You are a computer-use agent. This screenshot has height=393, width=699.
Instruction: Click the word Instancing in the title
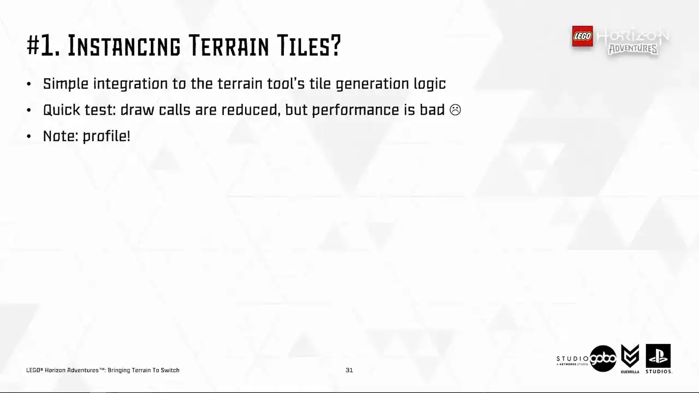[x=124, y=46]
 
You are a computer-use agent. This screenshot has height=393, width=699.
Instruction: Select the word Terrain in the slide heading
[x=229, y=46]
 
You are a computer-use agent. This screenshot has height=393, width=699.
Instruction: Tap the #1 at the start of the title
[x=43, y=46]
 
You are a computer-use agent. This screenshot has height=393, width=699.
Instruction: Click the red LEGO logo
[x=582, y=36]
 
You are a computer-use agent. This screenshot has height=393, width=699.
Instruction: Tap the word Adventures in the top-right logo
[x=633, y=49]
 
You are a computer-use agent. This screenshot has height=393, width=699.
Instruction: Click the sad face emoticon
[x=455, y=110]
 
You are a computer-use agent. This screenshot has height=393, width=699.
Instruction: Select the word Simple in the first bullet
[x=66, y=84]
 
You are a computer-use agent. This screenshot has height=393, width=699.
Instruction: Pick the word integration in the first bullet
[x=131, y=84]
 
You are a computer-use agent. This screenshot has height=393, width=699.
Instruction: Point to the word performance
[x=356, y=110]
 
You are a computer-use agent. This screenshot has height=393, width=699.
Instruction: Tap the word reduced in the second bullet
[x=251, y=110]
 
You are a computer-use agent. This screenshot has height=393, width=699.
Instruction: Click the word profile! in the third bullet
[x=106, y=136]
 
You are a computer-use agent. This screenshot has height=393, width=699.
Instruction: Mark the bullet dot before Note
[x=29, y=136]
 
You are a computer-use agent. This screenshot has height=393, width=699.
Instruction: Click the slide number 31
[x=349, y=370]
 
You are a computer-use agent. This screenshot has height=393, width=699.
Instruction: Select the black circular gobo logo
[x=603, y=359]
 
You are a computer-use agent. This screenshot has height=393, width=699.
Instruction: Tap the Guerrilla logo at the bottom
[x=630, y=359]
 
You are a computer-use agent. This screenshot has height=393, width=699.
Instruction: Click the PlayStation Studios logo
[x=659, y=359]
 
